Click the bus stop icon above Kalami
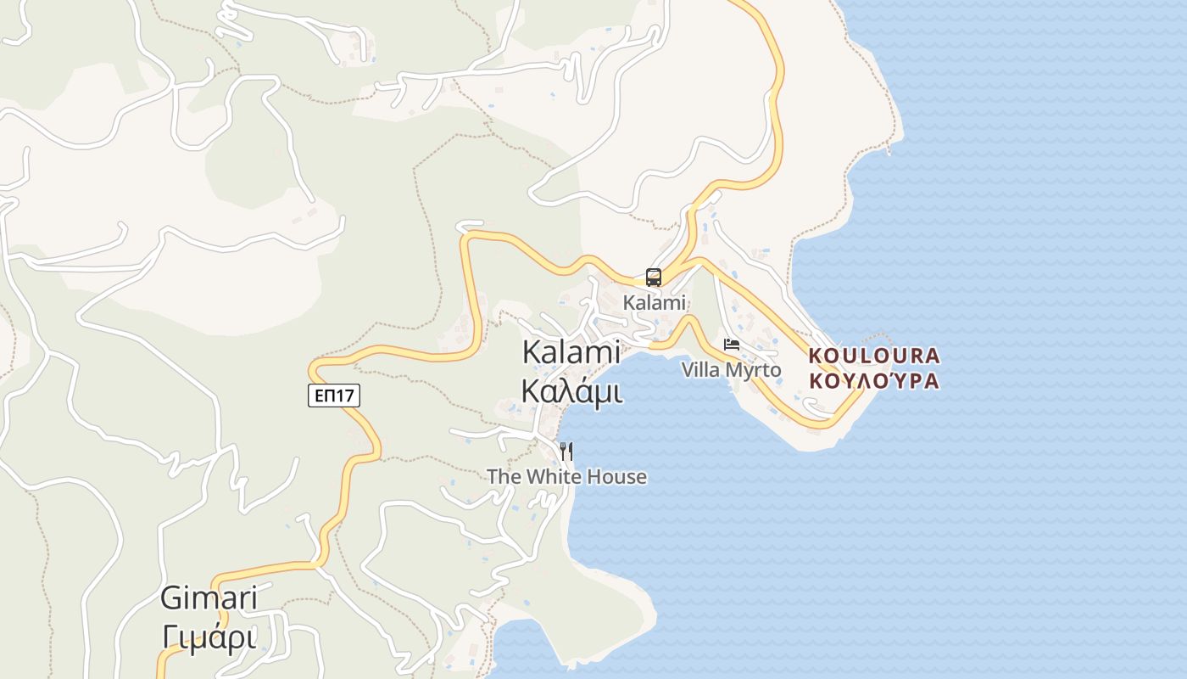[x=654, y=278]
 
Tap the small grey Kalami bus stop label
[x=654, y=303]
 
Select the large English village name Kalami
[x=571, y=352]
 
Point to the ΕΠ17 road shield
[x=334, y=396]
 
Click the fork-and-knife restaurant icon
[x=566, y=452]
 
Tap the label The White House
[x=566, y=477]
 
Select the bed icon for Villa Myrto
[x=732, y=345]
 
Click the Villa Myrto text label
[x=731, y=370]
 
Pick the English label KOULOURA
[x=874, y=356]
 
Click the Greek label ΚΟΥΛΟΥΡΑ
[x=874, y=380]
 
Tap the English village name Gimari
[x=209, y=598]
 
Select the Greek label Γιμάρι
[x=209, y=637]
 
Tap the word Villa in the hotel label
[x=700, y=370]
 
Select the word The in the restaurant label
[x=504, y=477]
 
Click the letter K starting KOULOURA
[x=816, y=356]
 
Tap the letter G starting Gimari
[x=171, y=598]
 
